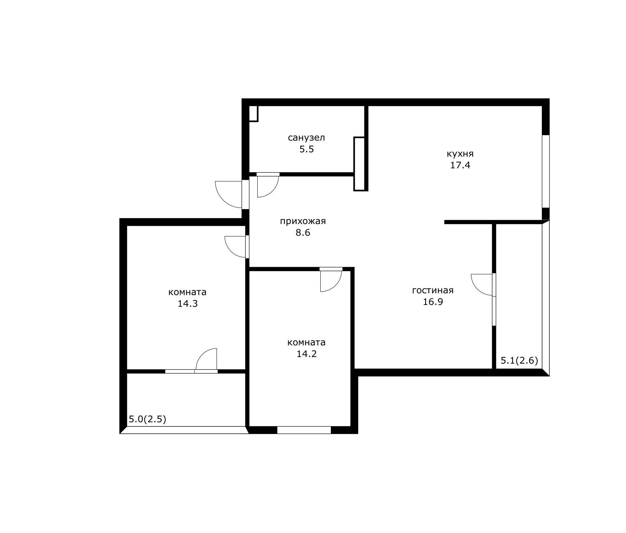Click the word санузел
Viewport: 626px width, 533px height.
coord(306,138)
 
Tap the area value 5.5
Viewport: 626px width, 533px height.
coord(306,149)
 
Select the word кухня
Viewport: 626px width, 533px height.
coord(460,154)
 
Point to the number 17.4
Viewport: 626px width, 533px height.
coord(460,165)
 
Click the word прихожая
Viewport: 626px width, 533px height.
coord(303,221)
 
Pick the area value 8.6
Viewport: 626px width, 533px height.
coord(303,232)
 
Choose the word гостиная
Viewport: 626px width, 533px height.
coord(433,290)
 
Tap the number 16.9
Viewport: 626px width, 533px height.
coord(433,302)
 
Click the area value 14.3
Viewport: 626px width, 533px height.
coord(187,303)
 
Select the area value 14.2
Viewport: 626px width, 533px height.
coord(306,354)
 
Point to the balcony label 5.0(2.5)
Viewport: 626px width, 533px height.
coord(147,419)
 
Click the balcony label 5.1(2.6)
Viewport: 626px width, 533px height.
coord(519,361)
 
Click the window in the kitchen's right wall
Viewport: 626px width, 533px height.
coord(546,171)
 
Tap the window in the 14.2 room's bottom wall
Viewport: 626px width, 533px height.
coord(304,430)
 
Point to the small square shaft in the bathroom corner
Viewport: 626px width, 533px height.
coord(254,114)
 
